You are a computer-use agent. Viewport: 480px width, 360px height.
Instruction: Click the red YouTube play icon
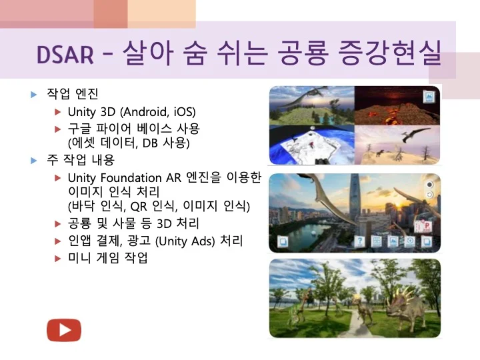coord(63,330)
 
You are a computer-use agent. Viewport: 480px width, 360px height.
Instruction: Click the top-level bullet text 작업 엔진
coord(72,95)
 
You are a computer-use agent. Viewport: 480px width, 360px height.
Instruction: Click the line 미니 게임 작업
coord(107,257)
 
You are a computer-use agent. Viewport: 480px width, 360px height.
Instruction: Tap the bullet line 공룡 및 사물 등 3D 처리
coord(133,223)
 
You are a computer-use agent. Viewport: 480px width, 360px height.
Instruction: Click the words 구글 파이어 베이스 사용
coord(133,128)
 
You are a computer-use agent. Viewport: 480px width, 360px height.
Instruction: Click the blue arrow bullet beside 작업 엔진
coord(34,95)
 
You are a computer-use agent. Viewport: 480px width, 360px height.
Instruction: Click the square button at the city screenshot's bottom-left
coord(282,241)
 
